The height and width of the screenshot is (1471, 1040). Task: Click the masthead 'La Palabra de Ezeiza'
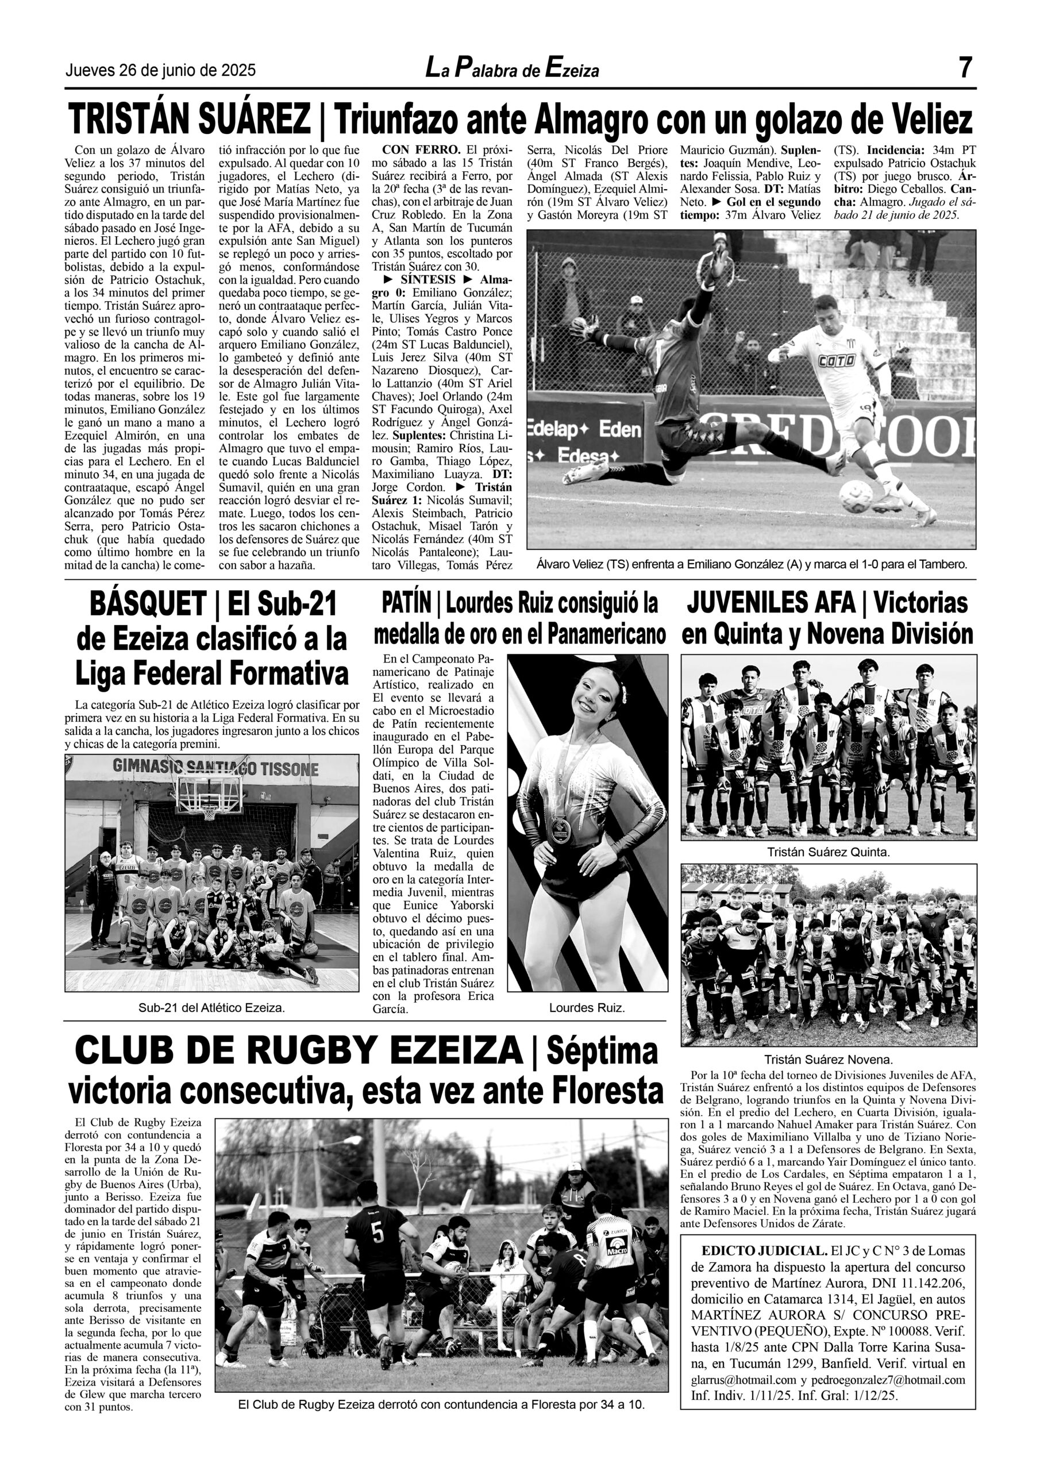pyautogui.click(x=512, y=68)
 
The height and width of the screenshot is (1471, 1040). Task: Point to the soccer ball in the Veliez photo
pyautogui.click(x=856, y=496)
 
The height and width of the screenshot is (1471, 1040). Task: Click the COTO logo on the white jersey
pyautogui.click(x=836, y=361)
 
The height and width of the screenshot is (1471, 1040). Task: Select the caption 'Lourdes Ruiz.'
pyautogui.click(x=586, y=1008)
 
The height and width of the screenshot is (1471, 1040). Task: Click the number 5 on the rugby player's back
pyautogui.click(x=378, y=1233)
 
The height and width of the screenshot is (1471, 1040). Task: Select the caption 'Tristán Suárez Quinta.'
pyautogui.click(x=828, y=852)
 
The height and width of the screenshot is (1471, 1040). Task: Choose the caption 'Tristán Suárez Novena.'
pyautogui.click(x=828, y=1060)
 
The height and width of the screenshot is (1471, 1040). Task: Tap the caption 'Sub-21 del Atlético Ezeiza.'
pyautogui.click(x=211, y=1008)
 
